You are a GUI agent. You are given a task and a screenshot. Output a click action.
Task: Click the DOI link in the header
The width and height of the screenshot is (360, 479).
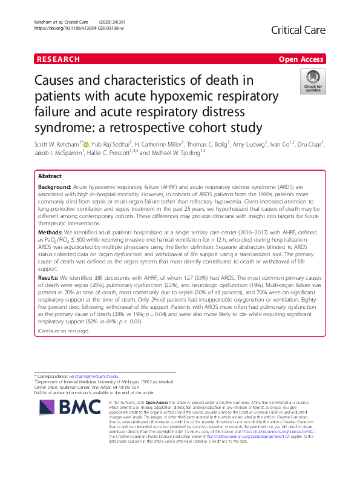click(x=74, y=28)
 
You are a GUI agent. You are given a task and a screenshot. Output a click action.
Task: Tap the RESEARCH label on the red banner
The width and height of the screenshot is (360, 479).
click(x=58, y=59)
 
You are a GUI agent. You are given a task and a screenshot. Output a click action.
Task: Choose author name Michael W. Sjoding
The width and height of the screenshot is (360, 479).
click(x=174, y=154)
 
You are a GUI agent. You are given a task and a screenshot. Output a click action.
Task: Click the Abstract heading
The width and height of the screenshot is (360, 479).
click(x=50, y=176)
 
